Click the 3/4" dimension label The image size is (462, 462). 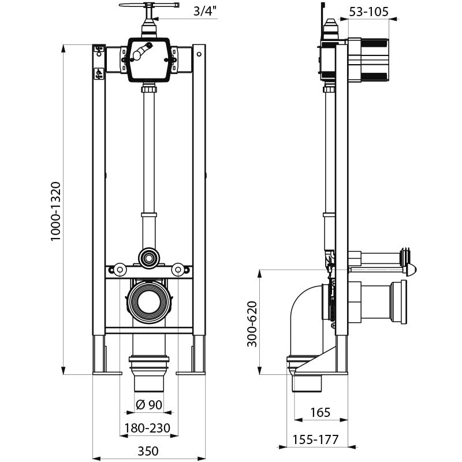pyautogui.click(x=206, y=12)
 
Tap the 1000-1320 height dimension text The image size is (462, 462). pyautogui.click(x=55, y=211)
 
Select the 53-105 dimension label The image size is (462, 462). pyautogui.click(x=369, y=12)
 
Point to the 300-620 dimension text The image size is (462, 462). pyautogui.click(x=252, y=323)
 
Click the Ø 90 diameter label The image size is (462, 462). pyautogui.click(x=149, y=405)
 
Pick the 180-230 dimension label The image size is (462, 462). pyautogui.click(x=147, y=428)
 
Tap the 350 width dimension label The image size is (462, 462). pyautogui.click(x=148, y=451)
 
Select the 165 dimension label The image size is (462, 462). pyautogui.click(x=321, y=412)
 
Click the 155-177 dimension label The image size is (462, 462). pyautogui.click(x=315, y=439)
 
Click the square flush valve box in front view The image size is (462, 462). pyautogui.click(x=149, y=61)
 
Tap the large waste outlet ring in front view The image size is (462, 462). pyautogui.click(x=149, y=302)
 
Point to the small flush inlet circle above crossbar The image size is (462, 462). pyautogui.click(x=149, y=258)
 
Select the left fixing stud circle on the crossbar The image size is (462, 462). pyautogui.click(x=120, y=269)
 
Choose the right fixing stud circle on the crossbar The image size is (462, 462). pyautogui.click(x=178, y=269)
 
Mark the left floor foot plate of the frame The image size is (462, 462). pyautogui.click(x=107, y=373)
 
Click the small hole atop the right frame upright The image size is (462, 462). pyautogui.click(x=199, y=54)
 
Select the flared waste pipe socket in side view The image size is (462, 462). pyautogui.click(x=398, y=302)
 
